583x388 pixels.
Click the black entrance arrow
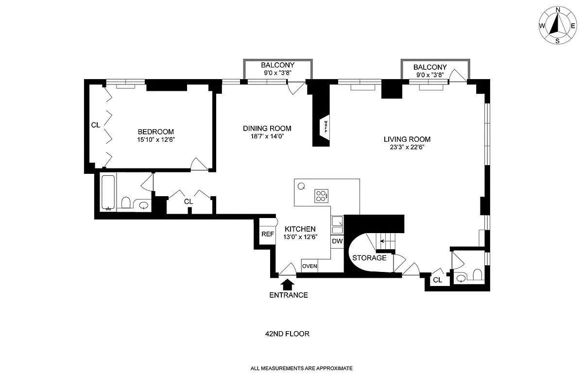click(x=287, y=285)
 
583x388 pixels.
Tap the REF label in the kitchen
click(x=268, y=234)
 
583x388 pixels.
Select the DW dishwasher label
click(x=337, y=241)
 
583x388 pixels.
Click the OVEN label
click(x=309, y=266)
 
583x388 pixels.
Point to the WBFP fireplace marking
click(x=326, y=127)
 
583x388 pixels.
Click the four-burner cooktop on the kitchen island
click(x=322, y=196)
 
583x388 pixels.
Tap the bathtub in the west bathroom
click(x=108, y=192)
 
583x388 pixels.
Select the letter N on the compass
click(x=558, y=10)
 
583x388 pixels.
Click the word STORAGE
click(x=369, y=258)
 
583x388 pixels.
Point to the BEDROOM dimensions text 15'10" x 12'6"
click(x=156, y=140)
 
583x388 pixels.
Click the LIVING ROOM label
click(x=407, y=139)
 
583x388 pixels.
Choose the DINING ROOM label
click(x=267, y=128)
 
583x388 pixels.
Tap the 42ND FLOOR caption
click(x=287, y=334)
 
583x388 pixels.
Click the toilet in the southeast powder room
click(x=477, y=274)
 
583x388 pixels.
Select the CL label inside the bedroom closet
click(x=96, y=125)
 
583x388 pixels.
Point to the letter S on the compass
click(x=558, y=41)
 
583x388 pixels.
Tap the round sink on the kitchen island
click(x=301, y=186)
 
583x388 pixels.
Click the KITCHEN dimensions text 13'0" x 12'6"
click(x=300, y=237)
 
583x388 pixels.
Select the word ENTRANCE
click(x=289, y=295)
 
